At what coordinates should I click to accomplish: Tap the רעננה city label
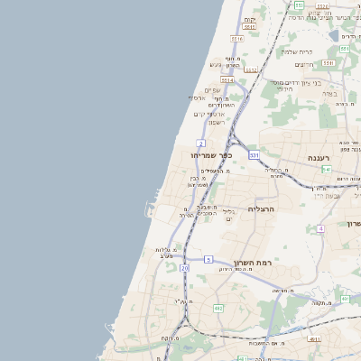(319, 157)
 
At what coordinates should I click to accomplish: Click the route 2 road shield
(200, 143)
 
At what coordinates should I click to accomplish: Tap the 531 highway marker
(255, 155)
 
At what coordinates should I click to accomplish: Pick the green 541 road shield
(326, 169)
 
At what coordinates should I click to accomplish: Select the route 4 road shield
(319, 228)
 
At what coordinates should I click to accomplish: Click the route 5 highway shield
(208, 260)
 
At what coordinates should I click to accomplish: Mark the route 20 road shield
(184, 268)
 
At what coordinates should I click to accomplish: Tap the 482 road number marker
(218, 309)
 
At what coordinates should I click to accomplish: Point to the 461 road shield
(345, 299)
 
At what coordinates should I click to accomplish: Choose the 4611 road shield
(314, 339)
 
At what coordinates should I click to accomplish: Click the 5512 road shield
(252, 69)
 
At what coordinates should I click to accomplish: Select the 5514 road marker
(227, 80)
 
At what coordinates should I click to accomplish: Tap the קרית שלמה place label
(297, 51)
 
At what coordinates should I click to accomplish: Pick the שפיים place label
(212, 89)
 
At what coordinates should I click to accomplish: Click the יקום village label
(250, 19)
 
